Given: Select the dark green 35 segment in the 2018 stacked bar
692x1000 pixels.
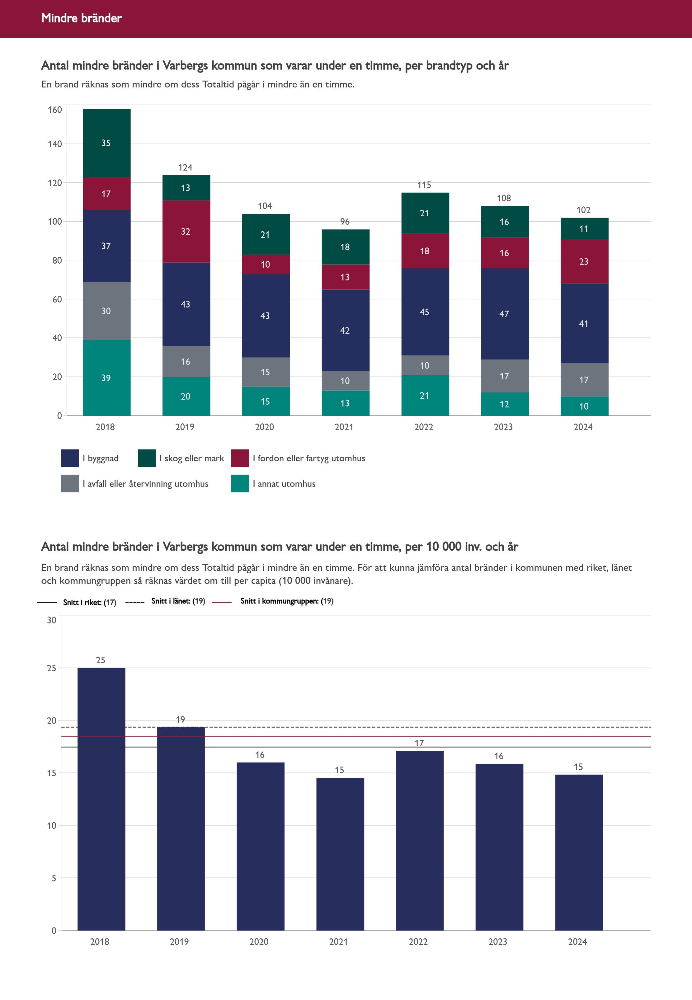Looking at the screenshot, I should (x=106, y=143).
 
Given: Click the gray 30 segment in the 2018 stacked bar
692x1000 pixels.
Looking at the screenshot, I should (x=106, y=311).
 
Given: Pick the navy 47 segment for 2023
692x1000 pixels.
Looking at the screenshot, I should (x=504, y=314).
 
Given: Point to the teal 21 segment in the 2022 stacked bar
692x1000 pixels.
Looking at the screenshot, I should (x=425, y=395).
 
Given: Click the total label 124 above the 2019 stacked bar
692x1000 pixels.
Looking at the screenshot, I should (x=185, y=167).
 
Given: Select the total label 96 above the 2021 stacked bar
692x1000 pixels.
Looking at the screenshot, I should (x=345, y=222).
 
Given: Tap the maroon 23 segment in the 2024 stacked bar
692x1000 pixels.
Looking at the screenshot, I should (x=584, y=261).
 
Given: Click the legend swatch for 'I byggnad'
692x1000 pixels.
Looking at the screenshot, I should (x=70, y=458).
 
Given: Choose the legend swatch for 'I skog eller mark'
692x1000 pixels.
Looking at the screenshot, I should (x=147, y=458).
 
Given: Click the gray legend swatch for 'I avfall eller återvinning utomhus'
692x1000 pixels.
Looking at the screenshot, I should (x=70, y=483).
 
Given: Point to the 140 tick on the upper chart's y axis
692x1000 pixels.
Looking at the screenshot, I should (x=55, y=144).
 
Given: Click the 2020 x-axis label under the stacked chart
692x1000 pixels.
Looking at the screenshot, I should (x=265, y=427).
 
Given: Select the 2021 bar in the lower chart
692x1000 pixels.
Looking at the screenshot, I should (x=340, y=854).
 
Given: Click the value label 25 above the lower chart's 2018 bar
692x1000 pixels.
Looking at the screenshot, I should (x=101, y=660).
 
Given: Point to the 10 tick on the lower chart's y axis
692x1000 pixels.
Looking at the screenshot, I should (x=52, y=826).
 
